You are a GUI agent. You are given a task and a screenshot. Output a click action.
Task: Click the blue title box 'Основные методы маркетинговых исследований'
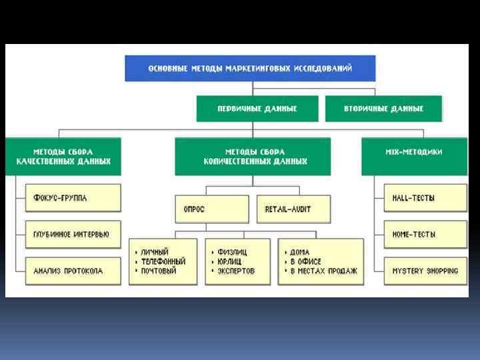click(250, 68)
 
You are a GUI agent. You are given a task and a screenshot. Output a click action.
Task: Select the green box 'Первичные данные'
click(257, 108)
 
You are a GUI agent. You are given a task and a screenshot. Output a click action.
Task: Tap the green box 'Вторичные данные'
click(383, 108)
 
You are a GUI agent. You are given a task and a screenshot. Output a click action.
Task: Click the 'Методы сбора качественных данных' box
click(63, 157)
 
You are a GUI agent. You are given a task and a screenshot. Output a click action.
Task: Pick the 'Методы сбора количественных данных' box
click(252, 157)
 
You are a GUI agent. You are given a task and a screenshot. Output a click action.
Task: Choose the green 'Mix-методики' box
click(413, 152)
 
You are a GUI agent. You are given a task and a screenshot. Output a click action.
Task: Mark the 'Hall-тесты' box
click(425, 198)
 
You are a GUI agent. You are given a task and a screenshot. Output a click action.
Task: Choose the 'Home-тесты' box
click(425, 235)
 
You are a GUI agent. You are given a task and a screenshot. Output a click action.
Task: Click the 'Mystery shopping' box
click(425, 271)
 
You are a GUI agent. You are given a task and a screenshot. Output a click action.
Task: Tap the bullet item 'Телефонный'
click(163, 261)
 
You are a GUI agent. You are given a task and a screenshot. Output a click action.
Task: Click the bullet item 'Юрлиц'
click(230, 261)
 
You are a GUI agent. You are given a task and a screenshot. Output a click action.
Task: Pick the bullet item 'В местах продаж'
click(323, 271)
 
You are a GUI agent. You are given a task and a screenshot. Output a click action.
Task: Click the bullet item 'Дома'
click(301, 252)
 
